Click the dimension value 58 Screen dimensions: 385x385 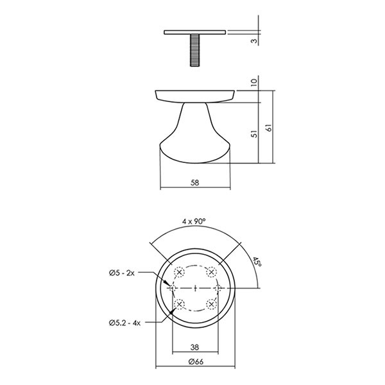(x=194, y=183)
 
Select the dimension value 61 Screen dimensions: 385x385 (x=269, y=128)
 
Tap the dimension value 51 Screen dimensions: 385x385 (x=255, y=134)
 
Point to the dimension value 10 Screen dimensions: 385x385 (x=254, y=82)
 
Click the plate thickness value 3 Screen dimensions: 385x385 (x=255, y=41)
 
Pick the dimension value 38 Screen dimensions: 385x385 (x=194, y=347)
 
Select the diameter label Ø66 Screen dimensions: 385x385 (x=196, y=362)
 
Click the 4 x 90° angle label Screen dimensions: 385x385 (x=194, y=221)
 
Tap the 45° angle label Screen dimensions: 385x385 (x=257, y=262)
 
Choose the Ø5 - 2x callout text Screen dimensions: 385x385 (x=122, y=273)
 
